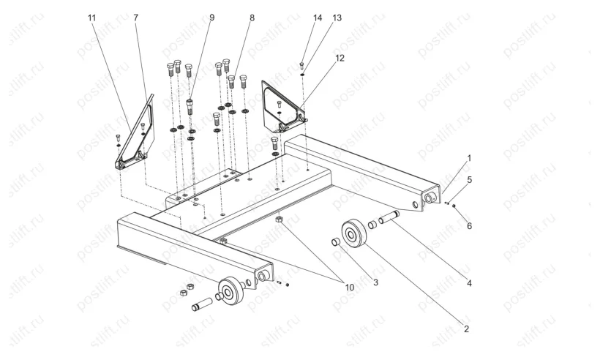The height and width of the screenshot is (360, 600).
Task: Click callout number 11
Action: [x=91, y=18]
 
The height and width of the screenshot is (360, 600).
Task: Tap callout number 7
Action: [x=136, y=18]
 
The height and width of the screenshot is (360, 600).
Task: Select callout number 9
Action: [x=211, y=18]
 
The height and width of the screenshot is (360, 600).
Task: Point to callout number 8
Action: [x=252, y=18]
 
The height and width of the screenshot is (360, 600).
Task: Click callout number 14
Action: [x=318, y=18]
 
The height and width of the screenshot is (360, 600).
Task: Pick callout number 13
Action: [x=337, y=18]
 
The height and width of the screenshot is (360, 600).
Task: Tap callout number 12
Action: [x=340, y=58]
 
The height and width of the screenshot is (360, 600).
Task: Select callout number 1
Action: [x=469, y=158]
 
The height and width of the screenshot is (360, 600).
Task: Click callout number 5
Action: [x=469, y=180]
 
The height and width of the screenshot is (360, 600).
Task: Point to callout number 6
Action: [x=469, y=226]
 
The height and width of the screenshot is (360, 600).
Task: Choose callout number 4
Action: [x=469, y=283]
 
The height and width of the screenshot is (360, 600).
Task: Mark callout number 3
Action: [x=376, y=282]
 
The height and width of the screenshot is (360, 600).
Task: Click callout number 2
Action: [x=466, y=329]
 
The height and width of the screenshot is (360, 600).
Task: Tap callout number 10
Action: [x=349, y=288]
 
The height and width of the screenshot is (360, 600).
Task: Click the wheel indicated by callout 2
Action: [x=354, y=233]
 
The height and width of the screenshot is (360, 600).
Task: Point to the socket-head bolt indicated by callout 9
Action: [x=190, y=107]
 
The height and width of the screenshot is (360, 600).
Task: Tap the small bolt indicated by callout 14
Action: [x=302, y=65]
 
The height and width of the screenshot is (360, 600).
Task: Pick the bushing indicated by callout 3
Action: [x=336, y=242]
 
